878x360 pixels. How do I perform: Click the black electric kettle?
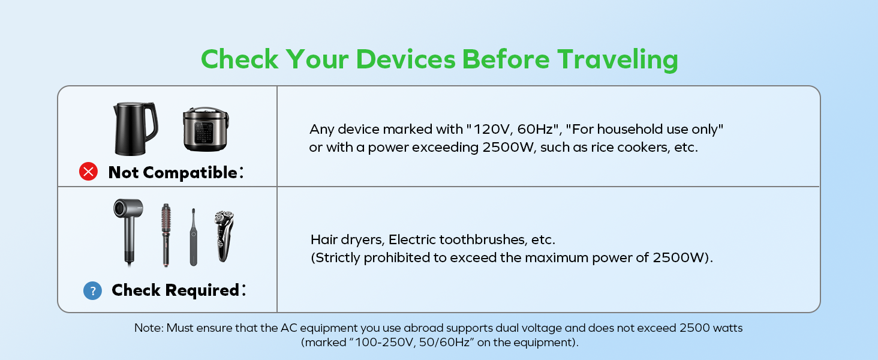pos(135,128)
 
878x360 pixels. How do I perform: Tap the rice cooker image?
pos(206,129)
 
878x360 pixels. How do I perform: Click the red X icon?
pos(89,172)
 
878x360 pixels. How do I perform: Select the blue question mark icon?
pos(92,290)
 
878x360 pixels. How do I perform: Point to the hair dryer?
pos(128,232)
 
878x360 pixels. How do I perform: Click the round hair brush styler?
pos(166,235)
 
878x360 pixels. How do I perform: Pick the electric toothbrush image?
pos(193,237)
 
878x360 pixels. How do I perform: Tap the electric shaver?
pos(224,236)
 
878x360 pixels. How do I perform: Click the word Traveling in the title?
pos(617,59)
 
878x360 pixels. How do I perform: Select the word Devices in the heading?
pos(405,59)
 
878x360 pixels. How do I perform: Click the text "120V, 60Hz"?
pos(515,129)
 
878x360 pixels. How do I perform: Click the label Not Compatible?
pos(173,173)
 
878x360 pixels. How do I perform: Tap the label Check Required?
pos(176,290)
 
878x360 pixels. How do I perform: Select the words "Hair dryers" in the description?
pos(347,239)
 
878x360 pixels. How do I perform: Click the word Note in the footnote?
pos(148,328)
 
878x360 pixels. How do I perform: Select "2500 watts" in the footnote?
pos(711,328)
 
